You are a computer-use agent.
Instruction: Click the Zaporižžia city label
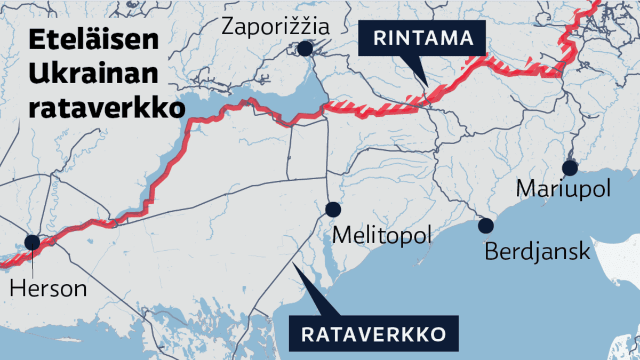(275, 26)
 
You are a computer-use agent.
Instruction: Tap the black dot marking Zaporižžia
(305, 49)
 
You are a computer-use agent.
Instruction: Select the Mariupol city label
(563, 189)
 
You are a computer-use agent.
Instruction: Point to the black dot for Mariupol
(570, 168)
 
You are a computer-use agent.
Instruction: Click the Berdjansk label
(537, 250)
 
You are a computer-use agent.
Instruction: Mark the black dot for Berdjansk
(486, 226)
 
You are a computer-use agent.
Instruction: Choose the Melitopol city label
(381, 235)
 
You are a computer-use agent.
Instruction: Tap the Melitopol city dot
(333, 209)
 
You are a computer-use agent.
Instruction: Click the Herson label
(48, 289)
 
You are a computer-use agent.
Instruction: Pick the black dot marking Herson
(33, 243)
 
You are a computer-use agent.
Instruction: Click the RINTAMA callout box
(423, 38)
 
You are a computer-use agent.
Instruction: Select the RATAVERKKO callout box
(373, 334)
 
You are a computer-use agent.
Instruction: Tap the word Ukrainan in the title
(93, 75)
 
